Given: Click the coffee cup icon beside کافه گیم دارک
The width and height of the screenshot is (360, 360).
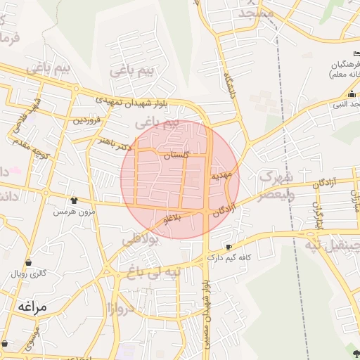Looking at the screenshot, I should pyautogui.click(x=229, y=247).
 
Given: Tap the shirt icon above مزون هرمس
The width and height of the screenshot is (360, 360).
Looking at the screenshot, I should pyautogui.click(x=74, y=201).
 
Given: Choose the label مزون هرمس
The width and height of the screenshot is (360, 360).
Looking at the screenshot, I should pyautogui.click(x=74, y=211).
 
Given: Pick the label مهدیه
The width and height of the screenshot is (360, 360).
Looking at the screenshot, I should pyautogui.click(x=222, y=176).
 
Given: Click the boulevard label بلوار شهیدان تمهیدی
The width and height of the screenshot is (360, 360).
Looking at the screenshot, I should pyautogui.click(x=140, y=103).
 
